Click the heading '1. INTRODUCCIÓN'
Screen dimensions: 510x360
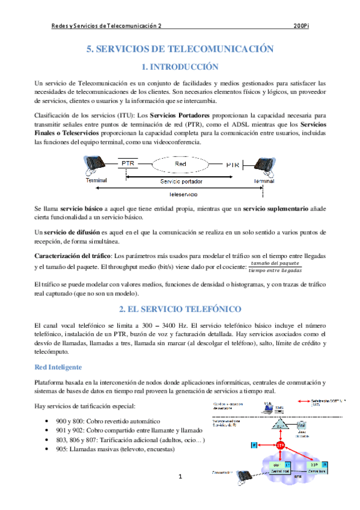coord(179,66)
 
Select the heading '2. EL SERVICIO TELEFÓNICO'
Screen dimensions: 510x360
coord(179,310)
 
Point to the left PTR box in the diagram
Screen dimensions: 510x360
coord(128,163)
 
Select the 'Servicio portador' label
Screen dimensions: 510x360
coord(181,180)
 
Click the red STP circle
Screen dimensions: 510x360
coord(280,445)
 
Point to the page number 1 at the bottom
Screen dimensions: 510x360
coord(180,478)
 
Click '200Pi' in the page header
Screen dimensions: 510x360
coord(302,26)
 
